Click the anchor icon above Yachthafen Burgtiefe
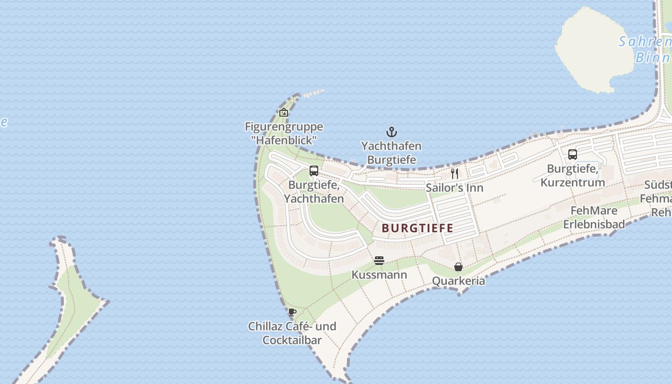pos(392,132)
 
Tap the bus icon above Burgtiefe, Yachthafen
pos(314,171)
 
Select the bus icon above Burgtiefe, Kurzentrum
pos(572,155)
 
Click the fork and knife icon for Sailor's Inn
pos(454,173)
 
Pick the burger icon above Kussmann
pos(379,261)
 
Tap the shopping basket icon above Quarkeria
pos(458,267)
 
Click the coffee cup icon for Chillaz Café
pos(292,312)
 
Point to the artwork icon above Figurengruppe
pos(284,113)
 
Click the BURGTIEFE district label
pos(417,228)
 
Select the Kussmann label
pos(379,275)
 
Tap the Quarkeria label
pos(458,281)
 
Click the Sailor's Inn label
pos(454,188)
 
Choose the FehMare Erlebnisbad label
pos(594,217)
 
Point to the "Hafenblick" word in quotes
pos(284,141)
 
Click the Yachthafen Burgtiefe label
pos(391,153)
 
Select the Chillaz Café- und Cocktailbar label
pos(292,333)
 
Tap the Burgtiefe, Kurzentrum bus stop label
pos(572,176)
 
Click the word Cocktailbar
pos(292,340)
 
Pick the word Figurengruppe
pos(284,127)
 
